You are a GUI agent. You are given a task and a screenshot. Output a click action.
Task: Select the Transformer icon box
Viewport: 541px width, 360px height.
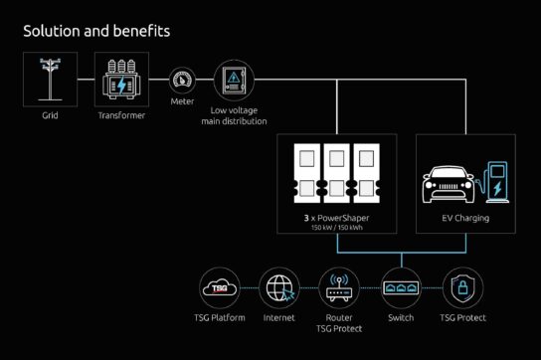pos(121,79)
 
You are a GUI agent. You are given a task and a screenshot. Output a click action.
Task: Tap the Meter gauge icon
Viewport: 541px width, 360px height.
pos(182,80)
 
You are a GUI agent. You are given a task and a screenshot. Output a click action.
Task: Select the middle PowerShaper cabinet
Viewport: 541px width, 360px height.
pos(337,176)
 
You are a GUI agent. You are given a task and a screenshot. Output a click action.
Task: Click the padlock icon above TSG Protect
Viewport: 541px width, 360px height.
pos(460,288)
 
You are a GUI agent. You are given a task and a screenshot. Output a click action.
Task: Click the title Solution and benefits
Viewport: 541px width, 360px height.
pos(96,31)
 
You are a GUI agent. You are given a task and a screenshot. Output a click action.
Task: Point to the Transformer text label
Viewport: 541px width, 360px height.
pos(121,115)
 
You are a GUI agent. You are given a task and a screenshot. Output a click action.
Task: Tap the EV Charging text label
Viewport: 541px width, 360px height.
pos(465,217)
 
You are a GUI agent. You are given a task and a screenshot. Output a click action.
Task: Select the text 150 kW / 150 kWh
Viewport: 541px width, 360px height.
pos(337,227)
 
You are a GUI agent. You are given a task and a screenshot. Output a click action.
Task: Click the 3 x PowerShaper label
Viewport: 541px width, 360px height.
pos(337,217)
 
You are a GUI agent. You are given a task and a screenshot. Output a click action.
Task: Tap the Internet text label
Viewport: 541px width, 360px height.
pos(278,318)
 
